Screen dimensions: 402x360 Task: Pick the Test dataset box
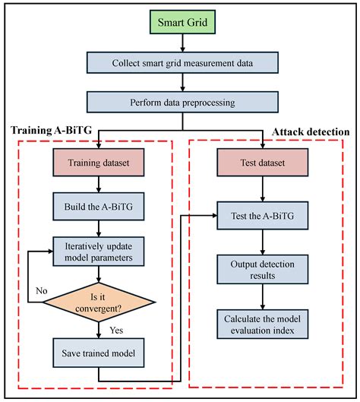(x=263, y=163)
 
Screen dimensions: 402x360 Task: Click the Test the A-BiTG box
(x=263, y=215)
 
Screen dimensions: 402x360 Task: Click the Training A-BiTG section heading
(x=52, y=131)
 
